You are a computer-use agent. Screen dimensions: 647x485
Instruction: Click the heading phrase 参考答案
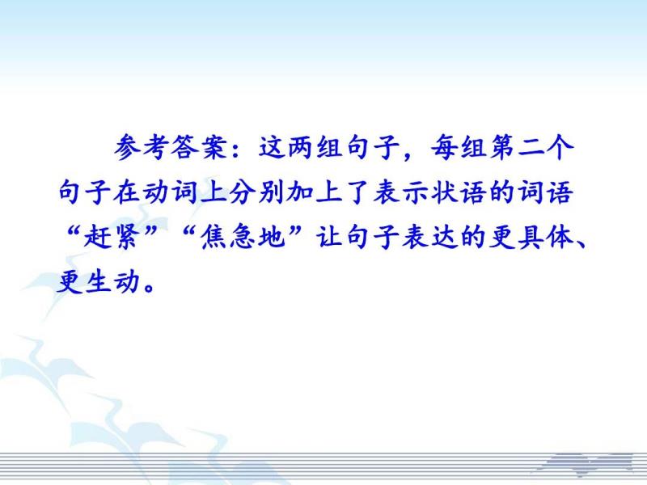coord(171,147)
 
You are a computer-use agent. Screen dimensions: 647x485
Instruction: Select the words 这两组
coord(300,147)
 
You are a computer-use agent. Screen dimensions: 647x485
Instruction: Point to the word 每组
coord(459,147)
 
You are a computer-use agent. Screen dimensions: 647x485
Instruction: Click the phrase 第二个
coord(532,147)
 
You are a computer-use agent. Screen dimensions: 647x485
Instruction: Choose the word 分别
coord(256,192)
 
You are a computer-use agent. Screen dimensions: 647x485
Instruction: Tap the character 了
coord(357,192)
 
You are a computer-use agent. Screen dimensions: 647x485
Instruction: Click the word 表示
coord(401,192)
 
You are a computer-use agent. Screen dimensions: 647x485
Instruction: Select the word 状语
coord(459,192)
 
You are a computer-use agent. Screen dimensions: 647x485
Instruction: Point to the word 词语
coord(546,192)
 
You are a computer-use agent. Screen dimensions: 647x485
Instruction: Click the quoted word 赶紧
coord(111,237)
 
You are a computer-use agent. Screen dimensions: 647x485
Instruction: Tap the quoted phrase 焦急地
coord(243,237)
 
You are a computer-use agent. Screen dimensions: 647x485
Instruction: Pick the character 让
coord(330,237)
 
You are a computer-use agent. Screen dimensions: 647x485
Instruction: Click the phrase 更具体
coord(531,237)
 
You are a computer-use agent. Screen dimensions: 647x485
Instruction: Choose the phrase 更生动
coord(97,281)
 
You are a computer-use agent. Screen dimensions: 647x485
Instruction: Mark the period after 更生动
coord(149,288)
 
